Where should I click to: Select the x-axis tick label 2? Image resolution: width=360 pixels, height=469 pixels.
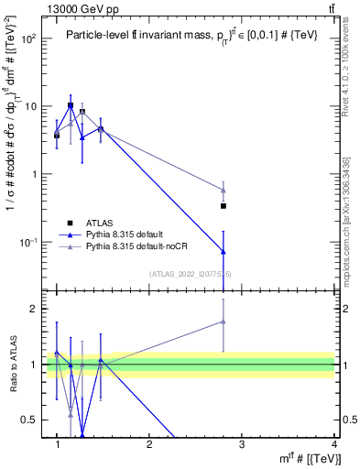tap(149, 445)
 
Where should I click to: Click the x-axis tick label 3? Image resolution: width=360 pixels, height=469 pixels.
tap(242, 445)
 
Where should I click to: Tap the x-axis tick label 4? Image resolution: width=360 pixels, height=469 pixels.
tap(333, 445)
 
